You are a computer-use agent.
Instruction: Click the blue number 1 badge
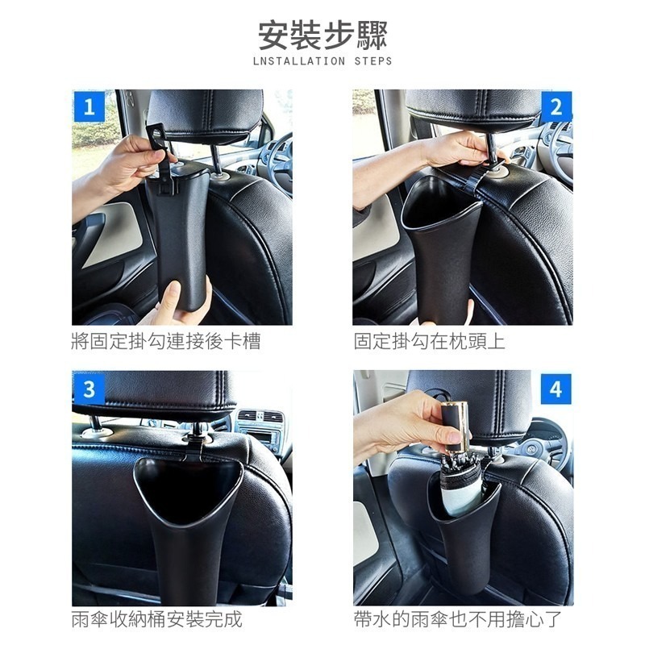(89, 106)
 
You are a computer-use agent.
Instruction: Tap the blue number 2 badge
(556, 106)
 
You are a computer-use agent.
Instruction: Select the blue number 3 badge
(89, 389)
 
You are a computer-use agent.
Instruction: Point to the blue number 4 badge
(556, 389)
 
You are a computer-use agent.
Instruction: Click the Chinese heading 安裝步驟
(323, 35)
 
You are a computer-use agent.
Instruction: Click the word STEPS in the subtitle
(373, 61)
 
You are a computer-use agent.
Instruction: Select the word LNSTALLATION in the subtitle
(299, 61)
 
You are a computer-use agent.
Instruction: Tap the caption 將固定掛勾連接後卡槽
(166, 341)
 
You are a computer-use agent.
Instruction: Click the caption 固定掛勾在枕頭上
(429, 341)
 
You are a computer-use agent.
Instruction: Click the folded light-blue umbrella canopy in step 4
(463, 493)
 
